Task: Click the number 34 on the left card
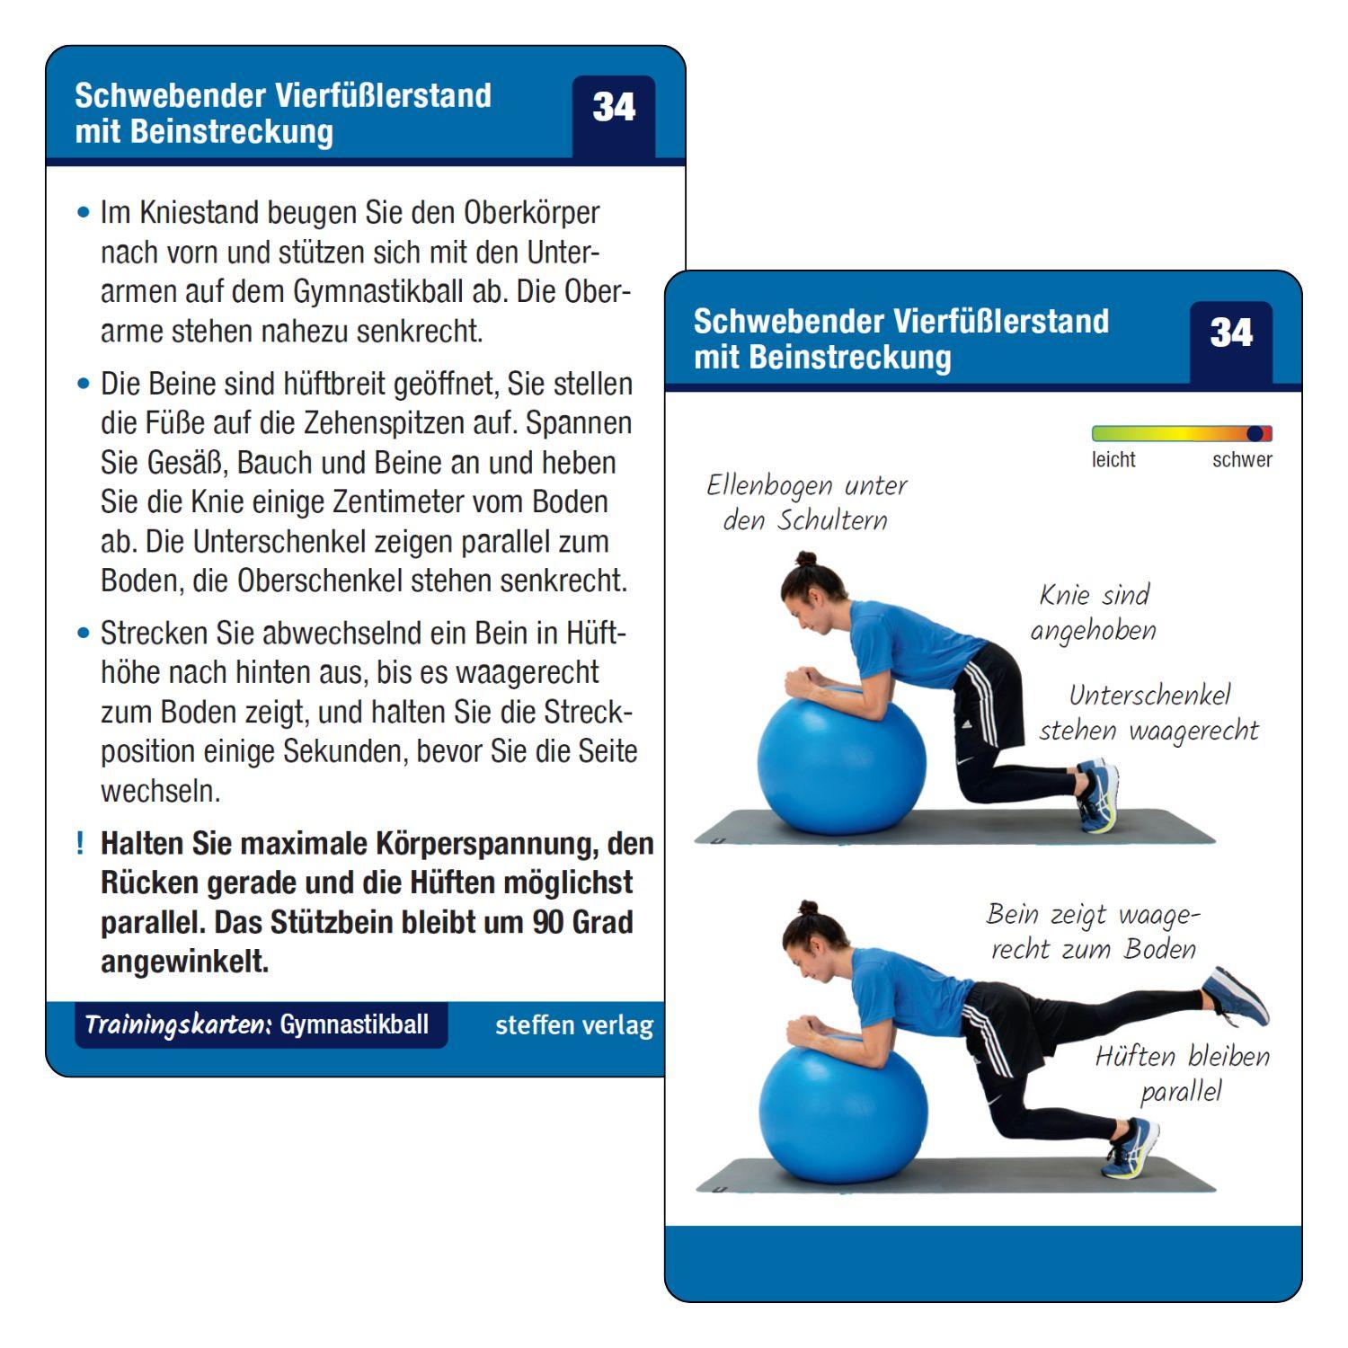[x=614, y=109]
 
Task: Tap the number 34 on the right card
[x=1230, y=334]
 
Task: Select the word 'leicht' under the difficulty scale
[x=1113, y=460]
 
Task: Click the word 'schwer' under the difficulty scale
[x=1241, y=460]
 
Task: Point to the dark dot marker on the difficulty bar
[x=1255, y=434]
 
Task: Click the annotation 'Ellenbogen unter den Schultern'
[x=806, y=502]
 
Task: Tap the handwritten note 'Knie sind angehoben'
[x=1093, y=613]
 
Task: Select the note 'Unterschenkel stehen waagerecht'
[x=1148, y=713]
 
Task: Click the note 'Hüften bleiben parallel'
[x=1182, y=1073]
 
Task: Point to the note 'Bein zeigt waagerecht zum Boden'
[x=1093, y=932]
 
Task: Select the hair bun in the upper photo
[x=805, y=559]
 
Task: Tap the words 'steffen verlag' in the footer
[x=573, y=1025]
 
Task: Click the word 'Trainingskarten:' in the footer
[x=178, y=1025]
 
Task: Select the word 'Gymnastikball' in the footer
[x=354, y=1025]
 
